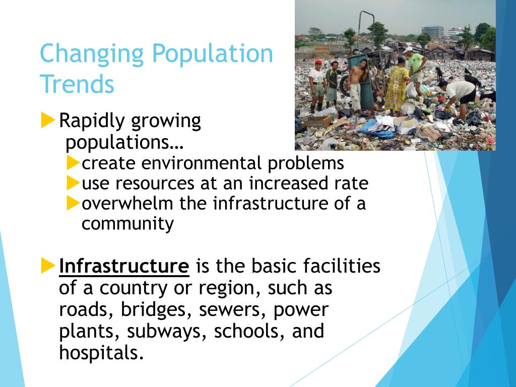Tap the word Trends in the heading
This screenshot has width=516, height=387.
click(77, 84)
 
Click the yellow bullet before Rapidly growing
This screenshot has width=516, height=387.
click(48, 120)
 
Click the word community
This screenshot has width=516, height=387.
click(127, 223)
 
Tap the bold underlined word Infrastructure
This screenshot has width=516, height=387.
click(124, 266)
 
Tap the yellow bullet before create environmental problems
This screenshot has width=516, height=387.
click(74, 163)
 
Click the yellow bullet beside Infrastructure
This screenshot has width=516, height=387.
click(48, 265)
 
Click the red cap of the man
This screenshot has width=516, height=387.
click(317, 62)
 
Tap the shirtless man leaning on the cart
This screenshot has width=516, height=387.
click(357, 83)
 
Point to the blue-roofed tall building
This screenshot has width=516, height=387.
click(433, 32)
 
